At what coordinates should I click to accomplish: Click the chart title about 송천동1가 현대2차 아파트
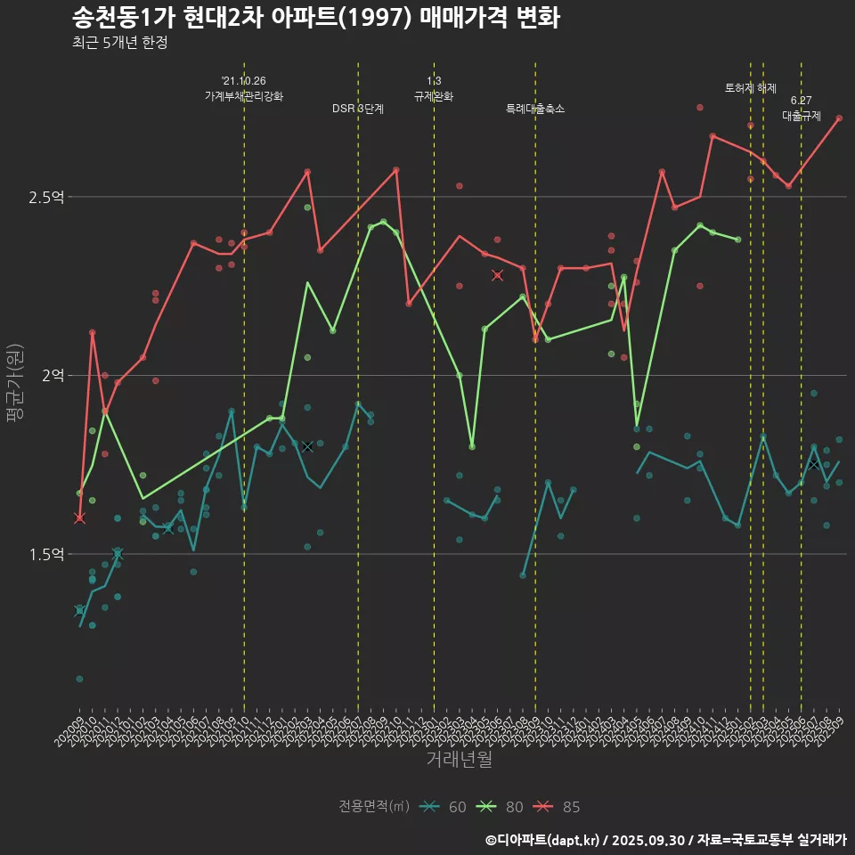[x=315, y=17]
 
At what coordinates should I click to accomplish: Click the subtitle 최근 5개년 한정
[x=119, y=43]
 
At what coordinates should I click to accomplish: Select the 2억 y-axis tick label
[x=53, y=376]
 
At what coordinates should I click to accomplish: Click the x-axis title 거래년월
[x=459, y=760]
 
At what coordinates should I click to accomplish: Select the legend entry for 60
[x=444, y=807]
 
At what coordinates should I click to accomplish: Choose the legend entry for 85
[x=558, y=807]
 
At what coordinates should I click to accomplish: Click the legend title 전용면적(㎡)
[x=374, y=807]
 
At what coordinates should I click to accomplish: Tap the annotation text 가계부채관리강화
[x=244, y=96]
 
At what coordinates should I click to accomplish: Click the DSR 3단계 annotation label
[x=358, y=109]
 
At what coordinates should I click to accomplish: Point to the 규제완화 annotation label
[x=434, y=96]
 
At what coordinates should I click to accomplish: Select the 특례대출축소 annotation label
[x=535, y=109]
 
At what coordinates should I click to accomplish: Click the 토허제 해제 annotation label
[x=751, y=88]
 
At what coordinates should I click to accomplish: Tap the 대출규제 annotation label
[x=802, y=116]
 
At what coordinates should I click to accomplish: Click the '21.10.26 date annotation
[x=244, y=81]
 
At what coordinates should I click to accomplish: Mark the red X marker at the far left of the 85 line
[x=79, y=518]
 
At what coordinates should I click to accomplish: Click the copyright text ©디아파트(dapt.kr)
[x=545, y=840]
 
